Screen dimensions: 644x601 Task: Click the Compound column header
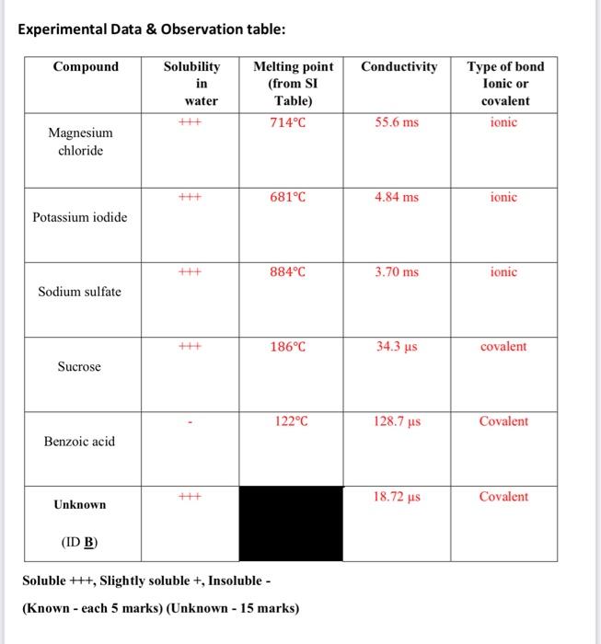click(86, 66)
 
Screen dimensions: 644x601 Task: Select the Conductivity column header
click(399, 66)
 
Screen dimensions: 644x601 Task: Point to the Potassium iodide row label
click(80, 217)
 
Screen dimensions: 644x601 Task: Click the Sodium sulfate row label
click(79, 292)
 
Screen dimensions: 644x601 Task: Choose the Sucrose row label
click(79, 366)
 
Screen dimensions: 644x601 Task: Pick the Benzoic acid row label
click(79, 442)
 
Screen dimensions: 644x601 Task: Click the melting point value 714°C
click(288, 122)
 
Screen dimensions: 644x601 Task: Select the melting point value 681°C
click(288, 198)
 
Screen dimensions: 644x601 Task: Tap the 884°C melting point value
click(288, 272)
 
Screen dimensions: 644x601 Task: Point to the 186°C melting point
click(288, 348)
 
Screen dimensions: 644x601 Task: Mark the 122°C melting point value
click(288, 422)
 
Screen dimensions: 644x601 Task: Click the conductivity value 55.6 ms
click(397, 122)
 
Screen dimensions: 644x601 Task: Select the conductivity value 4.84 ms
click(397, 198)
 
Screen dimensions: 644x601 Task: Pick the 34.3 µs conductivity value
click(397, 348)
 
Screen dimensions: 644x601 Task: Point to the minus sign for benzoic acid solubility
click(189, 424)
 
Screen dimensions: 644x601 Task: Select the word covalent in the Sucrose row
click(503, 347)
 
